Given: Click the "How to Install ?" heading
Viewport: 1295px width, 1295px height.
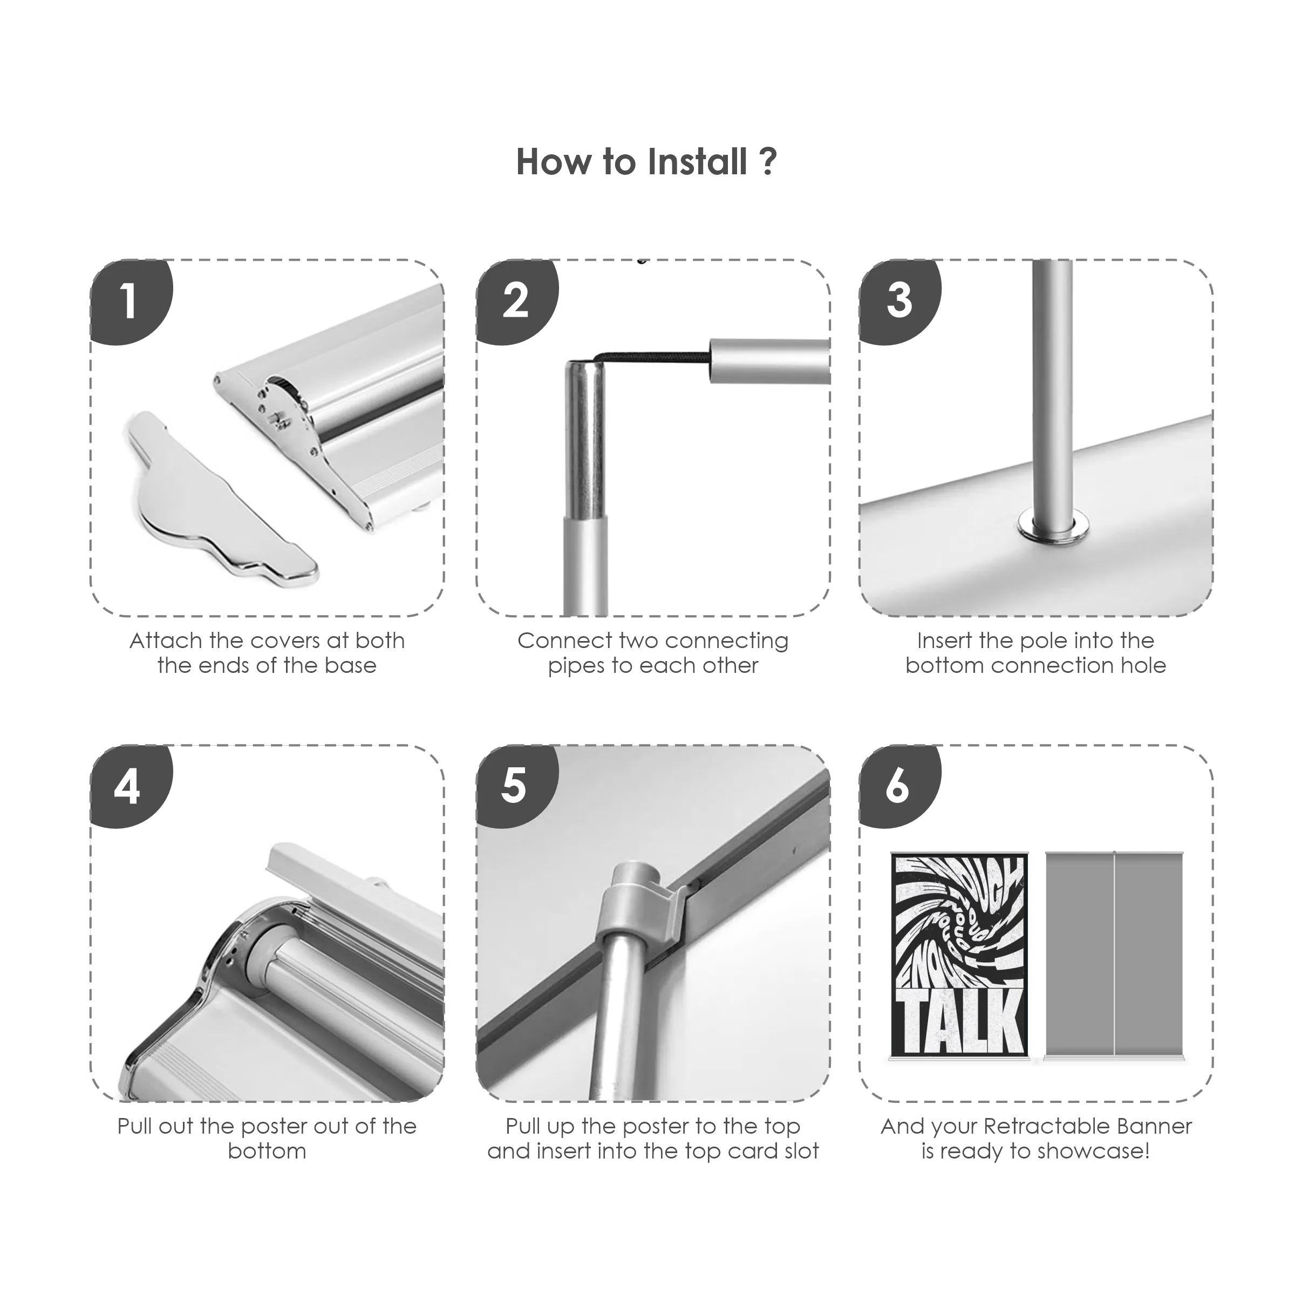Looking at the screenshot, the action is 647,162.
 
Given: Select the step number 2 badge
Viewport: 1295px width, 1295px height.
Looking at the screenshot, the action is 517,302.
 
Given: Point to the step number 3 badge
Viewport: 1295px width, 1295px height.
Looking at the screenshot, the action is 900,302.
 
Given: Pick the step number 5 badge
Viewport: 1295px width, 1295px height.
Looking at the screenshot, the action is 517,786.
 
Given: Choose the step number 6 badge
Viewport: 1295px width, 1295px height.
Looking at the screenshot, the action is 900,786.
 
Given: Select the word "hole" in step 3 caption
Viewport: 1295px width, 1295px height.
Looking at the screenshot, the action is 1142,666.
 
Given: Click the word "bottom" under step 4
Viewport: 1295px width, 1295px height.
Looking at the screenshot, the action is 267,1151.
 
